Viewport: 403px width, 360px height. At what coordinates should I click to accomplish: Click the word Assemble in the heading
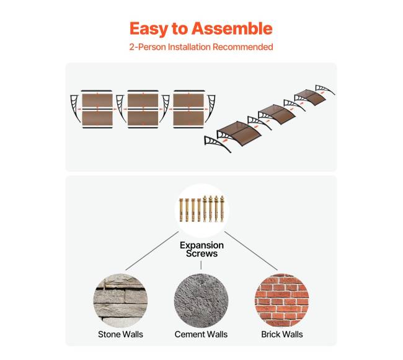point(232,29)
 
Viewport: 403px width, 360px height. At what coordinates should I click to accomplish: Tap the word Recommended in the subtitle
point(242,47)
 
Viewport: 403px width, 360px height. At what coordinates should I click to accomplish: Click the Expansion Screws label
point(201,249)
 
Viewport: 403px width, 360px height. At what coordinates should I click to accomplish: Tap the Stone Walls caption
point(120,335)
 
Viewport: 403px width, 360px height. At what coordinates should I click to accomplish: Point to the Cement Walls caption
point(201,335)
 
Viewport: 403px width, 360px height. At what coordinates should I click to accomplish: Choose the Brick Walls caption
point(282,335)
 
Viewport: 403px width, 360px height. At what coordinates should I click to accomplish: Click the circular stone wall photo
point(120,301)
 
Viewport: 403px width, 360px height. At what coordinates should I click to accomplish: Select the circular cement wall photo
point(201,301)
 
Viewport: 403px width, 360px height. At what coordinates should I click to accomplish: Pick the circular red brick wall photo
point(282,301)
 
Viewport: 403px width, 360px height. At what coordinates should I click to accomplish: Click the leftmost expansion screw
point(181,210)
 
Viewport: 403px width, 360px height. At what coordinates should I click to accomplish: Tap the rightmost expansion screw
point(222,209)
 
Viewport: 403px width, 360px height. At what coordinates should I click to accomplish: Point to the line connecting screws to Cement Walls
point(201,265)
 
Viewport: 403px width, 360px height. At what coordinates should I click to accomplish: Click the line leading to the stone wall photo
point(152,251)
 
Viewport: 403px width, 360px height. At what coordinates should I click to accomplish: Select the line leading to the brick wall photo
point(251,251)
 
